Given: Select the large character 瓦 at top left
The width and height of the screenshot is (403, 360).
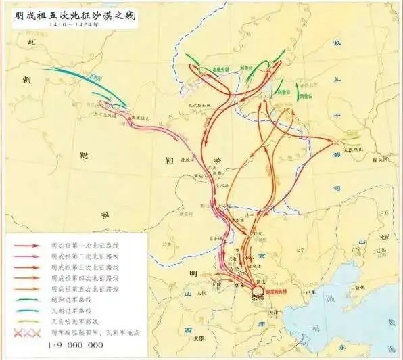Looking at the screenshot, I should (30, 42).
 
